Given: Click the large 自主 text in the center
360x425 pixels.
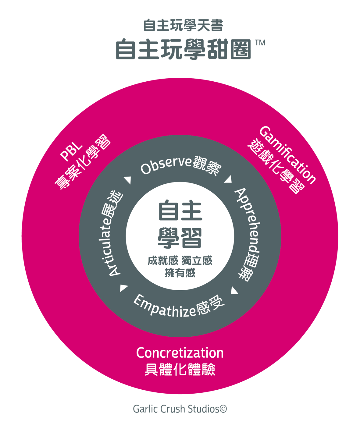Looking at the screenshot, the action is [180, 211].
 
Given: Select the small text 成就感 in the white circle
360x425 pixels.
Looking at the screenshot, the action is [162, 261].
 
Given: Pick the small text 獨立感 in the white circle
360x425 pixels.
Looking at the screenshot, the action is [197, 261].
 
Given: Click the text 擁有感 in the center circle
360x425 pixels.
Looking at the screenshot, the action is [180, 273].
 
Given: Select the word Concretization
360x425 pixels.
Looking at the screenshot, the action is [180, 353].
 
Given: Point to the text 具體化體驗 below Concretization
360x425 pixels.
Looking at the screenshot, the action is [180, 370].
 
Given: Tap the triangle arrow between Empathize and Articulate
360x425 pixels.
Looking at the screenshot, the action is [123, 288].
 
